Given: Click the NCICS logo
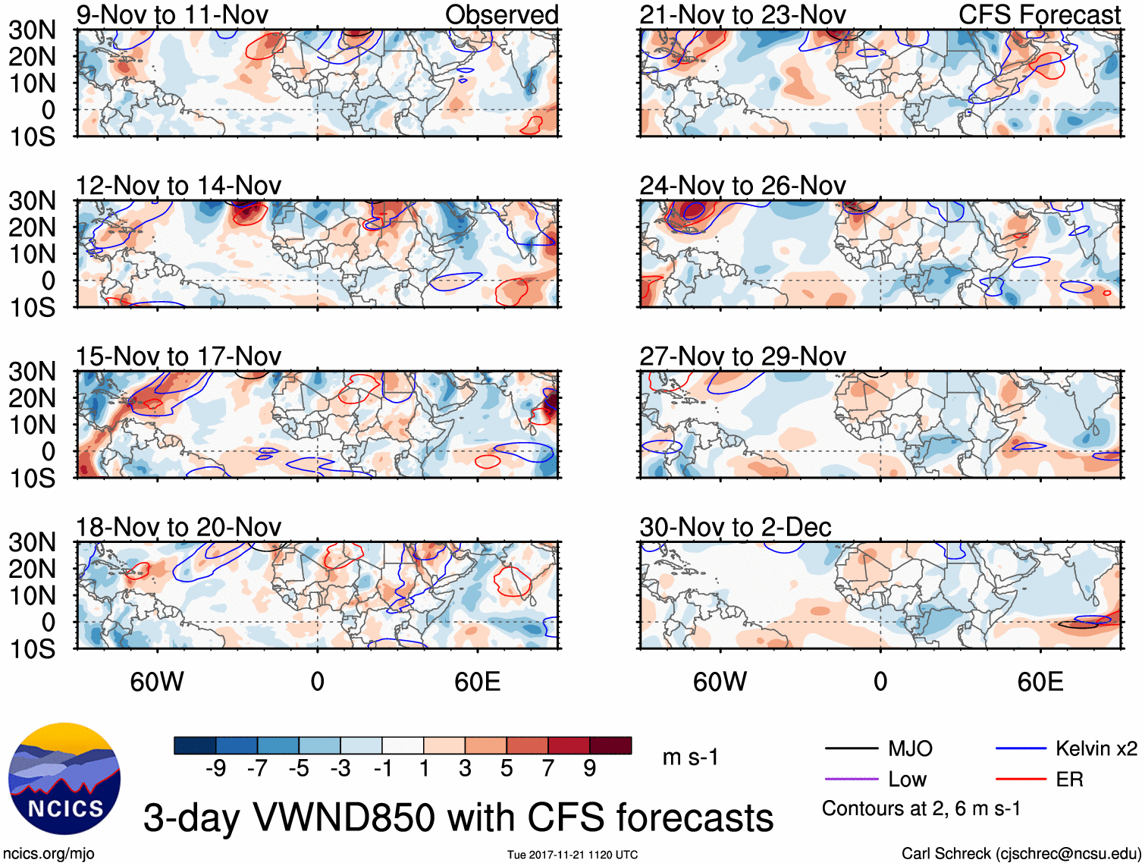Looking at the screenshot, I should pos(64,779).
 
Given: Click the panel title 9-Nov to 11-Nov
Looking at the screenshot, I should pos(172,14).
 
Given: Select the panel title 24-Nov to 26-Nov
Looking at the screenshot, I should pos(742,185).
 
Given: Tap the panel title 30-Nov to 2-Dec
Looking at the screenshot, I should pos(736,527).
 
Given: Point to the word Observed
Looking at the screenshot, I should pos(502,14).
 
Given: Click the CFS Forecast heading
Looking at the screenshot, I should pos(1040,14).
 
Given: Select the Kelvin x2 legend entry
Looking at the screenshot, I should pos(1096,749).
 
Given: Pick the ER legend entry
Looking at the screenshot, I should pos(1069,780).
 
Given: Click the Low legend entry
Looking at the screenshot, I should pos(907,780).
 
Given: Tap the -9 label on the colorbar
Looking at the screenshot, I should pos(216,769).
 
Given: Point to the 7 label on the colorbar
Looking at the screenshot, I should pos(548,769).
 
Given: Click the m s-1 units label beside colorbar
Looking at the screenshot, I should pos(690,757).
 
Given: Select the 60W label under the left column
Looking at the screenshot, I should pos(157,682).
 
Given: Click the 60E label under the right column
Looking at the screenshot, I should pos(1040,682).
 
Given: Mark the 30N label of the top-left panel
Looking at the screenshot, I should pos(33,30).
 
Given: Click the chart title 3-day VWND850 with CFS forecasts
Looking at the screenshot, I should pos(458,817).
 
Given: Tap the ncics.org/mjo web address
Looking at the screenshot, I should pos(49,854).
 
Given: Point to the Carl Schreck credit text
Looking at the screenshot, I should pos(1021,854).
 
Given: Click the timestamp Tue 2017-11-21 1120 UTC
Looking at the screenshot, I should pos(572,855).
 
